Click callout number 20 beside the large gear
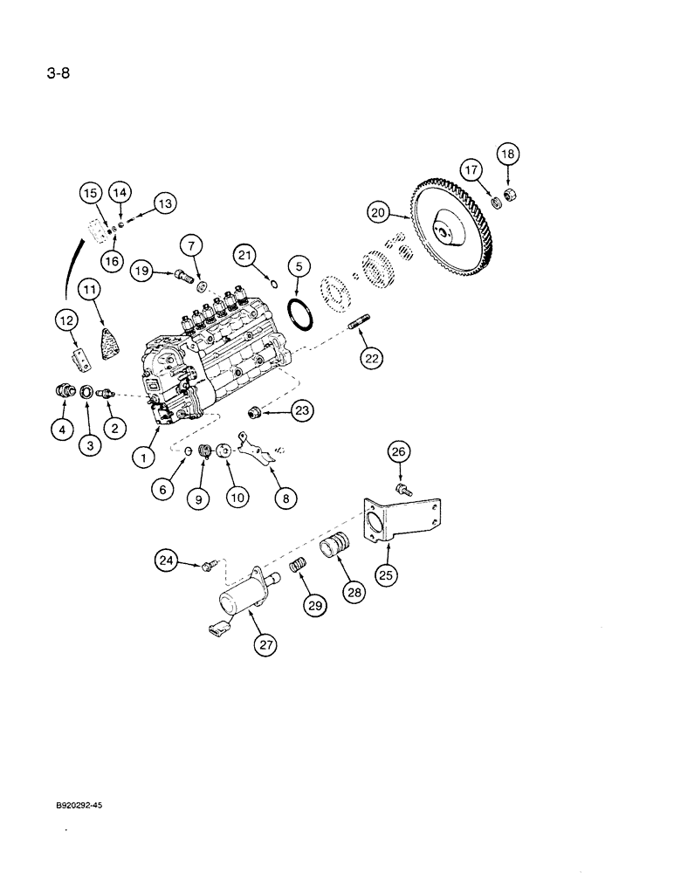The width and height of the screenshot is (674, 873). (x=377, y=211)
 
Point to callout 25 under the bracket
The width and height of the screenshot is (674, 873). (x=385, y=574)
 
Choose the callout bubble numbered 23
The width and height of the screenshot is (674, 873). (x=301, y=409)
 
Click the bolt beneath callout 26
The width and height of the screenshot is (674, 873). (x=402, y=491)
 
